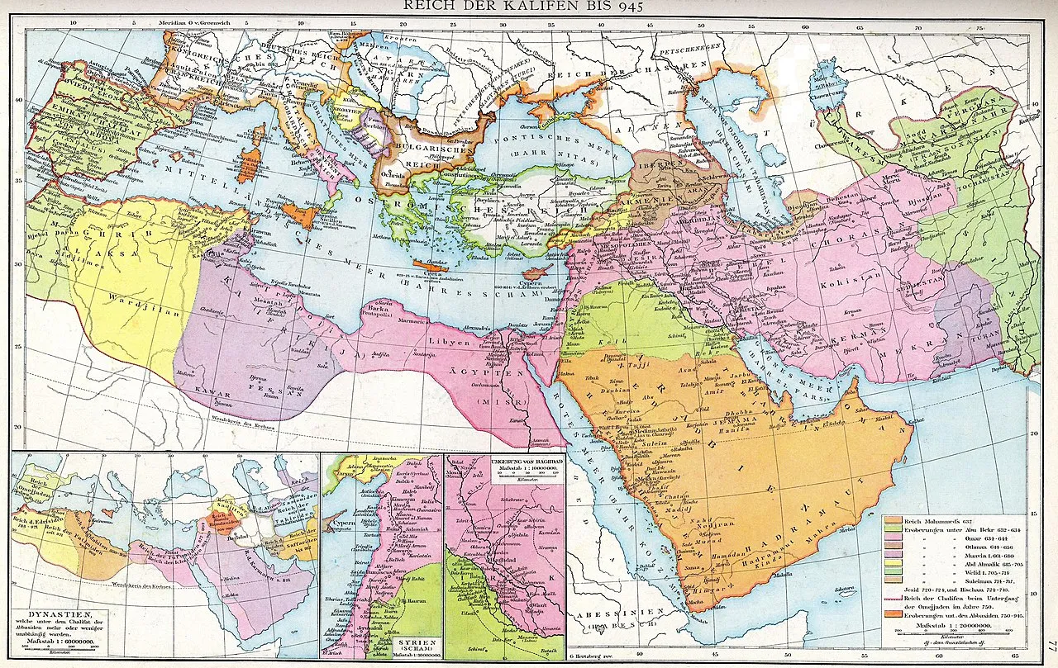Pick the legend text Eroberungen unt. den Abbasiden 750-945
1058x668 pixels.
[970, 614]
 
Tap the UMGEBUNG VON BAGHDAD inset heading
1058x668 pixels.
[505, 459]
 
